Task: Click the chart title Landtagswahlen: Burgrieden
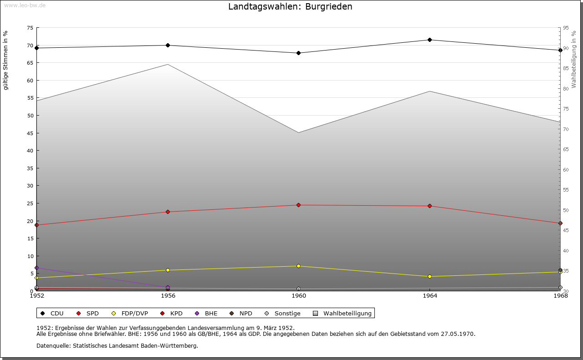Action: (x=290, y=7)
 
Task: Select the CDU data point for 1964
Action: (x=430, y=40)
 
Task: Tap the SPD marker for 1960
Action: (x=299, y=205)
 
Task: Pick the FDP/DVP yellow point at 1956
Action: (x=168, y=270)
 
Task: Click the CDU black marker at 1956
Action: (x=168, y=46)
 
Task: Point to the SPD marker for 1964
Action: (x=430, y=206)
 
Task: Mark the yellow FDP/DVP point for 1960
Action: (x=299, y=266)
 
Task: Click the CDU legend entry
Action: (x=52, y=314)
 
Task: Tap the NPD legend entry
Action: (x=241, y=314)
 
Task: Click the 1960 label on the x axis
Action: (x=299, y=296)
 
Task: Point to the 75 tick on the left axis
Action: (x=30, y=28)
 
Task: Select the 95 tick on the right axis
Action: (x=566, y=28)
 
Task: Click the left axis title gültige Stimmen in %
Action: (x=6, y=60)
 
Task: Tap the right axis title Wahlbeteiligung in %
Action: (x=574, y=60)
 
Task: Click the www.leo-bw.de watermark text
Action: (x=24, y=5)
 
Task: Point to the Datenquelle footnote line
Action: (x=117, y=346)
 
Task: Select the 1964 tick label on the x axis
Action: (x=430, y=296)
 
